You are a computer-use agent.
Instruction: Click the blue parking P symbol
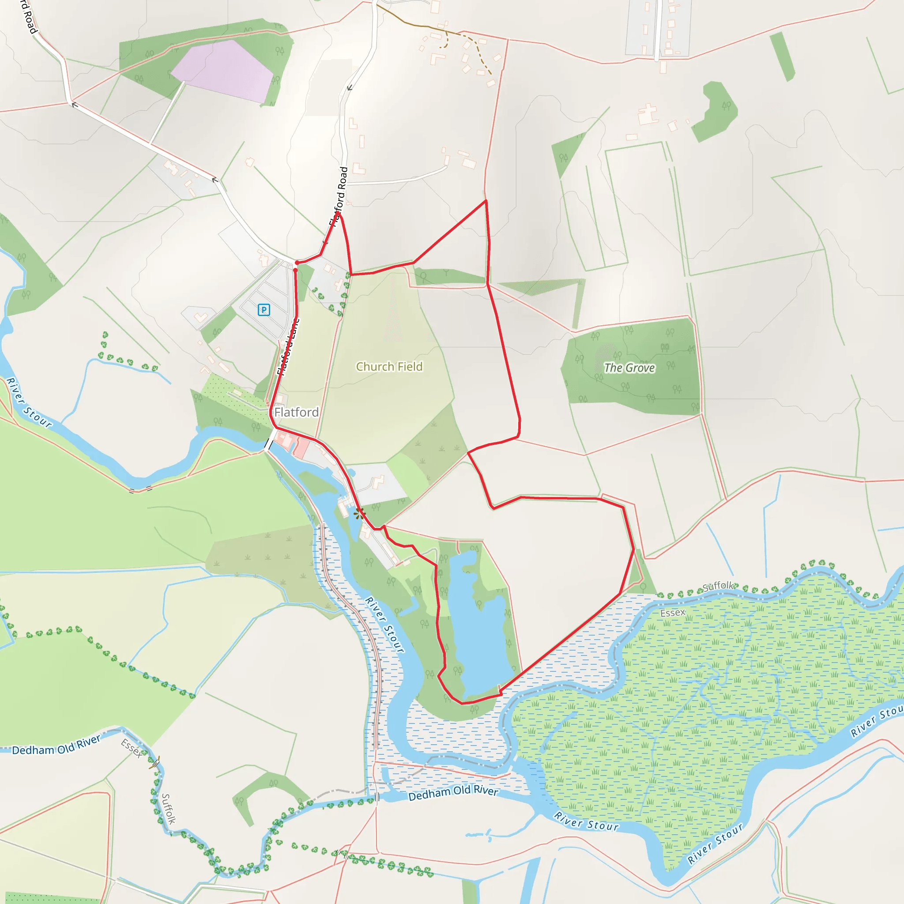(x=264, y=310)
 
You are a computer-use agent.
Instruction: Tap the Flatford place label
(x=296, y=412)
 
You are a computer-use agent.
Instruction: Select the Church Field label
(x=389, y=367)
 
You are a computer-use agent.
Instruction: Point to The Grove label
(x=629, y=368)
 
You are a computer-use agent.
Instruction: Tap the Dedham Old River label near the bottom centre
(x=453, y=793)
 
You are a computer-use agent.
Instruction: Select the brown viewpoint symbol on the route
(x=359, y=514)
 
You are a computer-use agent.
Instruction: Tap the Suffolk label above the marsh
(x=718, y=586)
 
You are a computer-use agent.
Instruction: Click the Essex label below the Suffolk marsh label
(x=672, y=613)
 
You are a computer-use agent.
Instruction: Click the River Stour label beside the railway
(x=384, y=625)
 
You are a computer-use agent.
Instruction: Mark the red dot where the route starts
(x=297, y=263)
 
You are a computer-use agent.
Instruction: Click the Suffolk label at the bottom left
(x=169, y=809)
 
